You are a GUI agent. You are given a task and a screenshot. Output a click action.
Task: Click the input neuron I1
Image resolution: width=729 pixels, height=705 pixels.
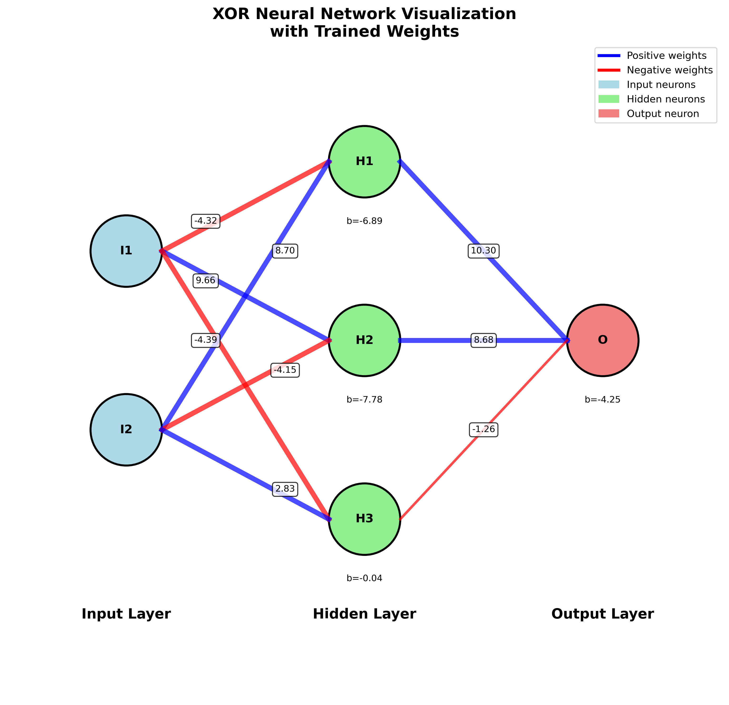126,251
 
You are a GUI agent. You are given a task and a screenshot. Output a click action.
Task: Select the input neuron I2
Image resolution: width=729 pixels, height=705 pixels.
126,430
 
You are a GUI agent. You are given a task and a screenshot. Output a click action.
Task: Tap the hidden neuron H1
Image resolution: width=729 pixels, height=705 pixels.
364,161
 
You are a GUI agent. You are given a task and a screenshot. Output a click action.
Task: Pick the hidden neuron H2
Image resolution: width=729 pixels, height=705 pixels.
364,340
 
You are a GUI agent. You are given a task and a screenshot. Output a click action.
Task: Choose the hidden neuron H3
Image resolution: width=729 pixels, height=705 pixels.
364,519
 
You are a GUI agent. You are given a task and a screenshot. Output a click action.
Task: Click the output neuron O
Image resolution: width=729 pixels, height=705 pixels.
603,340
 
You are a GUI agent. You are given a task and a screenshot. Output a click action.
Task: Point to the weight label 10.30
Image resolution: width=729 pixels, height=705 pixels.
483,251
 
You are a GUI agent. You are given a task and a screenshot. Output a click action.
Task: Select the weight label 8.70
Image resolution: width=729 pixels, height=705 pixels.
285,251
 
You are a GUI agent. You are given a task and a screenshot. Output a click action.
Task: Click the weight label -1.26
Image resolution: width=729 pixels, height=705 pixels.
483,430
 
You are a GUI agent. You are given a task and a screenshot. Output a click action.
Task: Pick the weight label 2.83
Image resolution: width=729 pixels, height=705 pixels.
285,489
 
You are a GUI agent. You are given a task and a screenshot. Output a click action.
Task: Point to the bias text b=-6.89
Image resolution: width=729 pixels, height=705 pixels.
364,221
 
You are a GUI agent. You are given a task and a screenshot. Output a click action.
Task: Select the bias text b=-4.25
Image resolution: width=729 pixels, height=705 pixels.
603,400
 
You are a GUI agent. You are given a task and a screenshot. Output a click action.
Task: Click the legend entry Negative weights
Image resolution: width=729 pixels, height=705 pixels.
669,70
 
